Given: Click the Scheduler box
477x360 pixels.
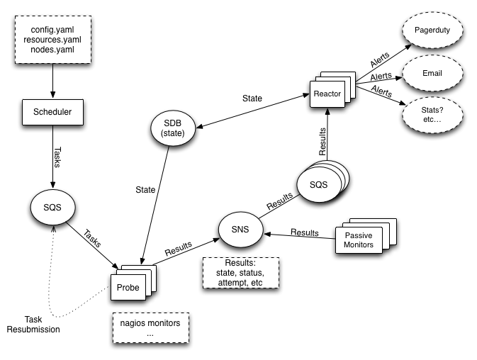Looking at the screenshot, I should tap(53, 111).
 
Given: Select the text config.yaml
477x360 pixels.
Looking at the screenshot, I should tap(52, 30).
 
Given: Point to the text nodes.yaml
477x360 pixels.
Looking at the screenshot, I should tap(52, 51).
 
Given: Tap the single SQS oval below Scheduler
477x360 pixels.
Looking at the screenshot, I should tap(53, 208).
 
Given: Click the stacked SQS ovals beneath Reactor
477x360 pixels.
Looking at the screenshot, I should tap(318, 183).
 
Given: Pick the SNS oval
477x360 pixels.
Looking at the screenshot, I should tap(239, 228).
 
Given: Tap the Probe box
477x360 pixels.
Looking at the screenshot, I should tap(128, 287).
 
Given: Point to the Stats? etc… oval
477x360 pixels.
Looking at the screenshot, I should tap(432, 113).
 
